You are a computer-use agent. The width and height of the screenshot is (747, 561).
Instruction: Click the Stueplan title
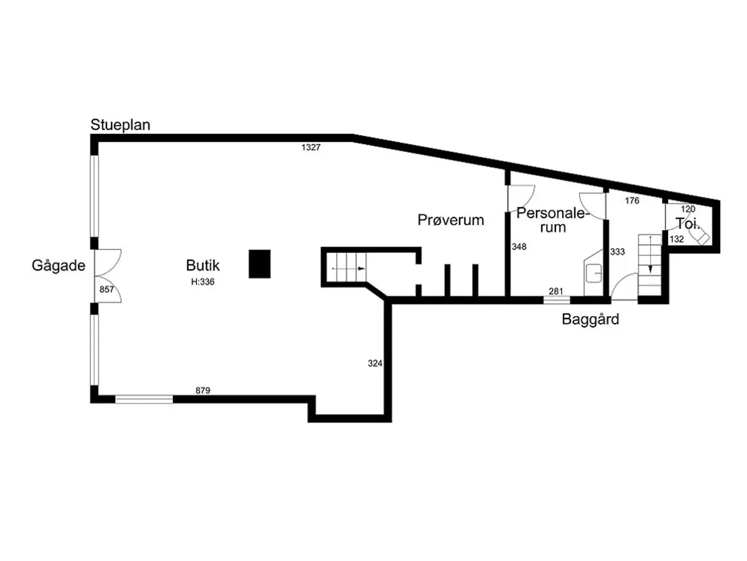(120, 125)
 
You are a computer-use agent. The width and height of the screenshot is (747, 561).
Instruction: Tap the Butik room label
(203, 265)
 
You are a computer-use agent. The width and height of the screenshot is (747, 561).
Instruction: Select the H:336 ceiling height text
(203, 282)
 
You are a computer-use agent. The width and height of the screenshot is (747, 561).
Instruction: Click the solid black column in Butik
(259, 264)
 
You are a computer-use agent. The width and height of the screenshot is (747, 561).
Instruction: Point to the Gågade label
(58, 265)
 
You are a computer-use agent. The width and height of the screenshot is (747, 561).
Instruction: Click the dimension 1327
(310, 147)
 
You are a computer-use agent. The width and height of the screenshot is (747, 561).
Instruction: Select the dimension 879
(203, 390)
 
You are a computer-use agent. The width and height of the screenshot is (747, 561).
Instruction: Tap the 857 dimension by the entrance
(107, 289)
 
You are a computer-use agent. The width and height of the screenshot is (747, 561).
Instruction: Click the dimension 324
(375, 363)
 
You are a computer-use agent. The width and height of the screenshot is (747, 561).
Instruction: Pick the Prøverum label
(451, 220)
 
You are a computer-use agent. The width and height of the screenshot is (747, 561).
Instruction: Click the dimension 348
(519, 247)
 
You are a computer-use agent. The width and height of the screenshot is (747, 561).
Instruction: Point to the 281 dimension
(556, 291)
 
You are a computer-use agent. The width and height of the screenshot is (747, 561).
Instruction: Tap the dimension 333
(617, 252)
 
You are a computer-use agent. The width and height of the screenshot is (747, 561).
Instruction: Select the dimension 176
(632, 200)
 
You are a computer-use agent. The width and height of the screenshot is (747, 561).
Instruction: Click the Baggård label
(591, 320)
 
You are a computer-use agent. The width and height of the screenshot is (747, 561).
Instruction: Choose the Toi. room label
(687, 224)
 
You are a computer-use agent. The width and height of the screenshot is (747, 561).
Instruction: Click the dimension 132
(676, 239)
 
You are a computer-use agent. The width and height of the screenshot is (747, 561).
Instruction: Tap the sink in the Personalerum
(593, 273)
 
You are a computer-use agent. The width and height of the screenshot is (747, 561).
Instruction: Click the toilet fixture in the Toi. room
(699, 236)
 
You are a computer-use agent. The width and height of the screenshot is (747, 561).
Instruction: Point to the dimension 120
(688, 209)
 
